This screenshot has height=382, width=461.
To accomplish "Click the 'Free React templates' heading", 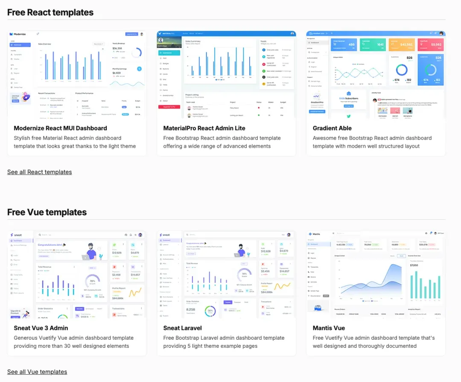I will [50, 12].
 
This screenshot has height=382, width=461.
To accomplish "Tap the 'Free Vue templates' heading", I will [47, 212].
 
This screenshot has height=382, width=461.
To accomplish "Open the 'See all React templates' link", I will [39, 172].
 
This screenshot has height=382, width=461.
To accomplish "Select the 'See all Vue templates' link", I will [37, 372].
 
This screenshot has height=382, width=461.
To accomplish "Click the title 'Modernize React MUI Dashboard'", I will [60, 128].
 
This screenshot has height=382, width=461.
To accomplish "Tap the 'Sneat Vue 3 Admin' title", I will [41, 328].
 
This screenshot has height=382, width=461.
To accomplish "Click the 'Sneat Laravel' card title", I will [183, 328].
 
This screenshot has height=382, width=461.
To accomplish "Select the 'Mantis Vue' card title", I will [329, 328].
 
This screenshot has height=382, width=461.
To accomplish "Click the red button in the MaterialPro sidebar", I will [169, 107].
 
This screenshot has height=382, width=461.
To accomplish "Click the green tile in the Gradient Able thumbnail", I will [373, 44].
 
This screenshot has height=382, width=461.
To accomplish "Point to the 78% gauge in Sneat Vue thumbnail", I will [92, 281].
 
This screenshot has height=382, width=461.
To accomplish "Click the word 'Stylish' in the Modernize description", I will [22, 138].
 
